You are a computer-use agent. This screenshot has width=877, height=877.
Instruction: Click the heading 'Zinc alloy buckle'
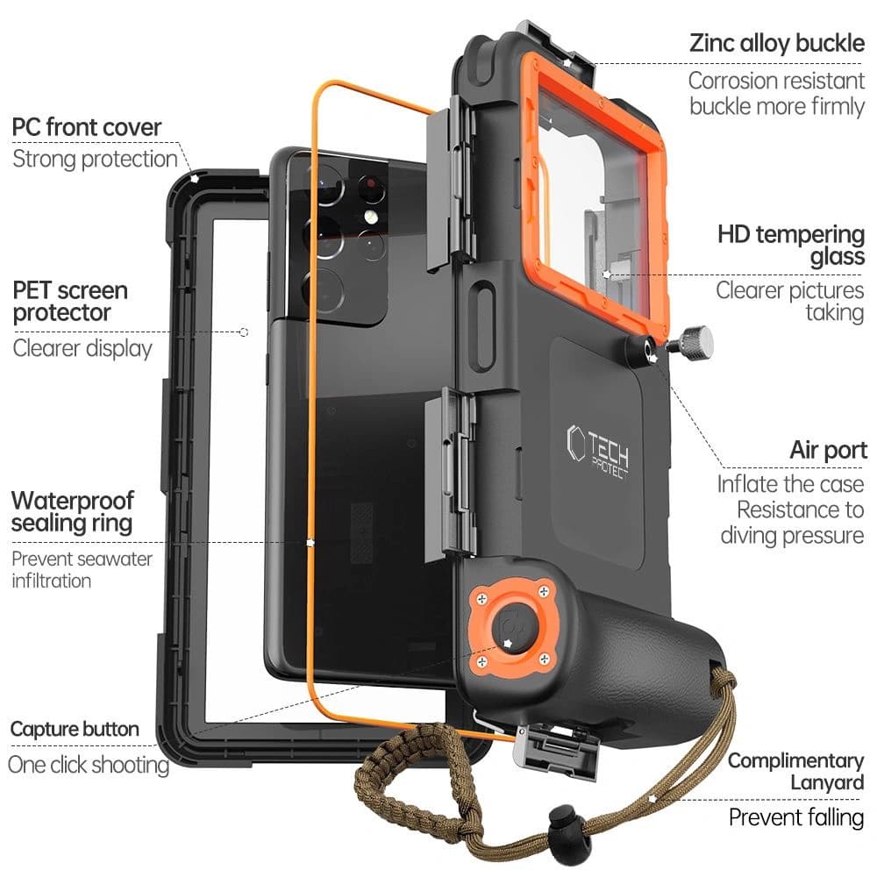pos(777,43)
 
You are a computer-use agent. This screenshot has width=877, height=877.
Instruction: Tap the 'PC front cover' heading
pos(87,127)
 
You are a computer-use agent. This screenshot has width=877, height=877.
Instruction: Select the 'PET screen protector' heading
pos(69,301)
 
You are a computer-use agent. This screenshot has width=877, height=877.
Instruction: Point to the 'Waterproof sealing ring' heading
pos(73,512)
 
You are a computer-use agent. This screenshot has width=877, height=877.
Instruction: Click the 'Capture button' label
pos(75,729)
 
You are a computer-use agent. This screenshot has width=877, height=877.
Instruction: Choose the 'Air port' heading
pos(828,451)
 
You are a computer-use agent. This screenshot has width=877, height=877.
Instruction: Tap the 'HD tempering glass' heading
pos(790,246)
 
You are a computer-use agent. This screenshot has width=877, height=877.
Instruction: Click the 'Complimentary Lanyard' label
pos(795,771)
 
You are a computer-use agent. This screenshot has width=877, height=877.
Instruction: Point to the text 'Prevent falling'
pos(796,817)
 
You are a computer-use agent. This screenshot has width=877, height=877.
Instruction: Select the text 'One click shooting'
pos(88,764)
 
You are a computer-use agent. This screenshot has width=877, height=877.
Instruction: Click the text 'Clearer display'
pos(82,348)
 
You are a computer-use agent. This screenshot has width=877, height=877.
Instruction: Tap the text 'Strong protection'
pos(95,159)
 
